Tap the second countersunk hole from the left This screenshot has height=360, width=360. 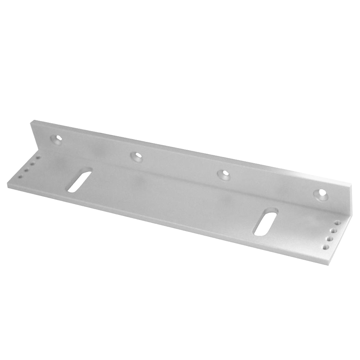click(x=136, y=156)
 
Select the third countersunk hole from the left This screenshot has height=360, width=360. click(x=224, y=174)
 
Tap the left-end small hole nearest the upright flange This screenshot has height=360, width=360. click(x=38, y=158)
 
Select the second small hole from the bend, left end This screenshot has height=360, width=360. click(x=32, y=164)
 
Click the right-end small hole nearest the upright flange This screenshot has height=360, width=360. click(x=337, y=223)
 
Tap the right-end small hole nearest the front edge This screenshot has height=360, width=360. click(x=326, y=247)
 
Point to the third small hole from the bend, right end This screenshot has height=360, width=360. click(x=330, y=238)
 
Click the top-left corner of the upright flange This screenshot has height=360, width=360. click(x=32, y=121)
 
